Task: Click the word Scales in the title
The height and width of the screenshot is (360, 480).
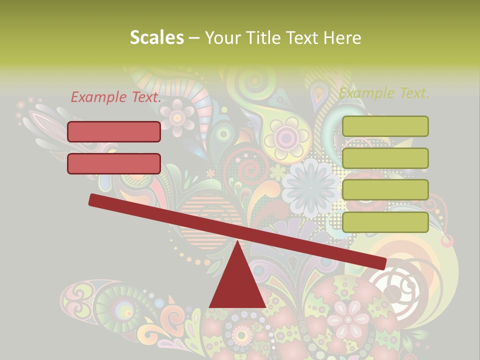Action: click(156, 38)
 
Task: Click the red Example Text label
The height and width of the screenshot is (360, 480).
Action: click(116, 97)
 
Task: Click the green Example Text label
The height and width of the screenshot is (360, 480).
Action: click(384, 93)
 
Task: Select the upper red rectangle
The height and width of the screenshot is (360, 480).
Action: click(114, 131)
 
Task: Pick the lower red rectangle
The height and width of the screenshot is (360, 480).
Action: click(114, 163)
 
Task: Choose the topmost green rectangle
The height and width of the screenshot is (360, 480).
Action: click(385, 126)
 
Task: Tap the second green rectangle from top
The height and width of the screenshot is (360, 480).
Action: click(385, 158)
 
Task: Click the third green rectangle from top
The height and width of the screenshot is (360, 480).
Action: click(385, 189)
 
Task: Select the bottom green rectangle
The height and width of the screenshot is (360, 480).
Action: click(385, 222)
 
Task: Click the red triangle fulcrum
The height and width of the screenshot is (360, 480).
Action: click(237, 285)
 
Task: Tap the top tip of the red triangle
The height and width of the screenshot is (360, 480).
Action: click(237, 242)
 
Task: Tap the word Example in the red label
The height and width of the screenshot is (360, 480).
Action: click(99, 97)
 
